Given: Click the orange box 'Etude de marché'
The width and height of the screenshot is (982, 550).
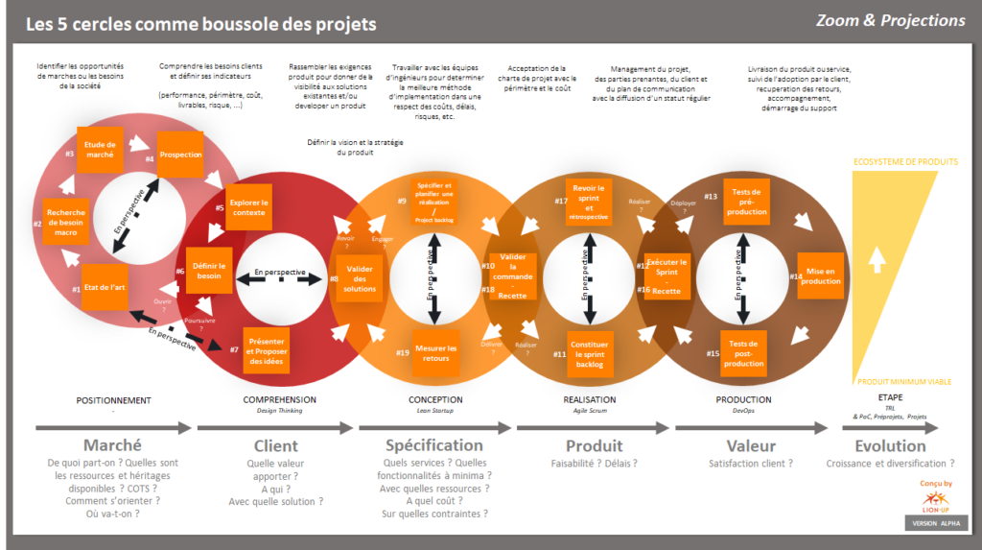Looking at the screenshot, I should point(100,149).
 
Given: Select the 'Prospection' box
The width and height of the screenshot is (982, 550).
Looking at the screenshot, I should point(180,155).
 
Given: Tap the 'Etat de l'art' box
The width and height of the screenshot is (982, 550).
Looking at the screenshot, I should point(105,288).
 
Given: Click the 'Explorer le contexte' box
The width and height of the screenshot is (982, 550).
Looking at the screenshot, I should point(248,208).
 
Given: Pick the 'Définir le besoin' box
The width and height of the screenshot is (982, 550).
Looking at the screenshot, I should point(209,272).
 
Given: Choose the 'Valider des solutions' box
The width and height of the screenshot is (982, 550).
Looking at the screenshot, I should point(360,278).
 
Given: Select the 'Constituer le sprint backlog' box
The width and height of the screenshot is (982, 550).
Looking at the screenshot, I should point(589,352).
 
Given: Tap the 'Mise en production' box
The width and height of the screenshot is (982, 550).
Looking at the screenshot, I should point(821,276).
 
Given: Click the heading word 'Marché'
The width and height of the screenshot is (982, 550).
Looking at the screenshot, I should point(112,445).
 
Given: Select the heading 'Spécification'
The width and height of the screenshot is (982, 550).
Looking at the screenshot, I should point(434,445).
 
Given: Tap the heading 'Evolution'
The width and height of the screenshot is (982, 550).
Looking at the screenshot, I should point(890,445).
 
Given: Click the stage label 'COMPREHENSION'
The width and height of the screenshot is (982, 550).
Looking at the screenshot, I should point(279,400).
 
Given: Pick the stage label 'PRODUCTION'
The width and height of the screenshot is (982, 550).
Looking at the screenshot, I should point(743,400).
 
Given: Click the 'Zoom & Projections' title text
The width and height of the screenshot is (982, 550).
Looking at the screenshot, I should point(890,20).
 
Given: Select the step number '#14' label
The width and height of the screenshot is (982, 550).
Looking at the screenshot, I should point(796,276).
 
